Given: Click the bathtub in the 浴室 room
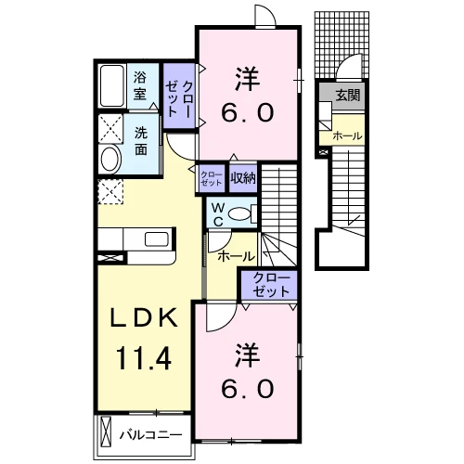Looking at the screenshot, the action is pos(111,85).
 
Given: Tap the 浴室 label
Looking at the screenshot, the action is pos(140,85).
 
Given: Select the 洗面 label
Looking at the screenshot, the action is pos(141,141).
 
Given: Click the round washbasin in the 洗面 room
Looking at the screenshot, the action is pos(110,160).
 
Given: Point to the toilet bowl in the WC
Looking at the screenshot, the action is pos(240,214).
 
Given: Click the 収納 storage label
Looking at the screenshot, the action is pos(243,178).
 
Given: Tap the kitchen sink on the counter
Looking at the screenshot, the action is pos(157,239).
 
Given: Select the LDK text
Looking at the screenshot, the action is pos(145,317).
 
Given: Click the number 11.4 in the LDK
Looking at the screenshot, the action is pos(144,358).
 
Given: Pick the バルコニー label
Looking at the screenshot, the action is pos(151,435).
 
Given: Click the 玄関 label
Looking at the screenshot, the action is pos(348,96).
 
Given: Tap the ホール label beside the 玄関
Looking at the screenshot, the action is pos(347,136).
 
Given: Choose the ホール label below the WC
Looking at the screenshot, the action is pos(237,256).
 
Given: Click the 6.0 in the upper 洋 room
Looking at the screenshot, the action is pos(248,112).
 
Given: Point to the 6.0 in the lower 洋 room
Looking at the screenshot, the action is pos(248,389).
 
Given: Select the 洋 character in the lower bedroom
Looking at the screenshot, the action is pos(247,355).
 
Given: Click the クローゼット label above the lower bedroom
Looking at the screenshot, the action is pos(271,285).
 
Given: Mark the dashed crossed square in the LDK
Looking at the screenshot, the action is pos(110,192).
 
